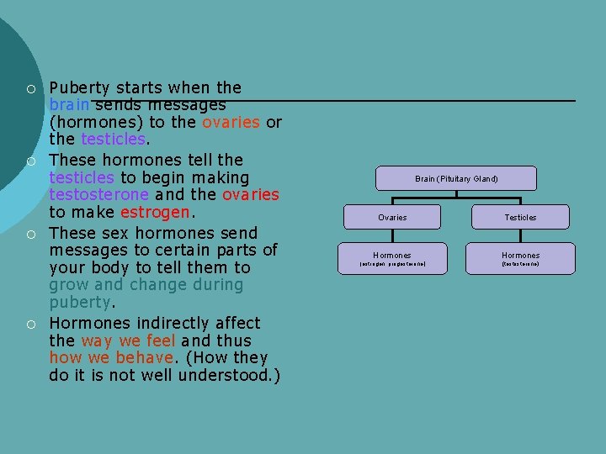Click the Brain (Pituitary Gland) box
point(456,178)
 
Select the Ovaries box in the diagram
point(392,217)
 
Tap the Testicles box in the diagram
point(520,217)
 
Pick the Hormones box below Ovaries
point(392,255)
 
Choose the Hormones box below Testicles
point(520,255)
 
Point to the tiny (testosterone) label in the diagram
point(520,265)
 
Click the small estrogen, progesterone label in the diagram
point(392,265)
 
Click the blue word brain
point(70,105)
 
